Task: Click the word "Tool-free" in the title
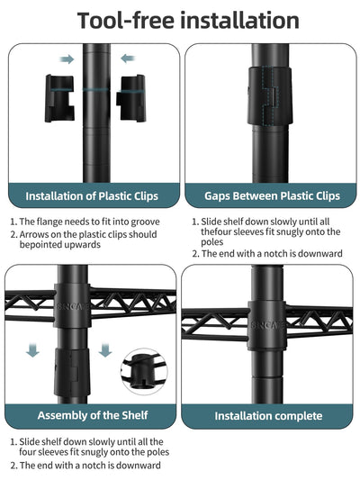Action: point(125,21)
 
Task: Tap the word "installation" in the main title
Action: point(239,21)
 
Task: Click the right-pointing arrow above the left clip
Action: point(67,59)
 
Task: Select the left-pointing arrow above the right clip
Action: point(128,59)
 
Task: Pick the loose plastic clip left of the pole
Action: point(59,98)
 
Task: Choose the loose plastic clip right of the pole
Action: point(131,98)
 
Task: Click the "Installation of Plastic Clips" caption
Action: point(92,196)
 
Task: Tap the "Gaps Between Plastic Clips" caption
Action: point(272,196)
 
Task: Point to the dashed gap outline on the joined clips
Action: point(270,96)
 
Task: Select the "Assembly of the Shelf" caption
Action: point(93,415)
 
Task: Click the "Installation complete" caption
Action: point(268,416)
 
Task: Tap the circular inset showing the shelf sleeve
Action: point(144,371)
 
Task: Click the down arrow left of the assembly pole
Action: point(32,350)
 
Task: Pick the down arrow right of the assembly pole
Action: point(105,350)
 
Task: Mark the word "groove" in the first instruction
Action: point(145,222)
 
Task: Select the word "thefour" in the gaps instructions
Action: point(216,231)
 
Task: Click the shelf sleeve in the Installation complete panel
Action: point(266,325)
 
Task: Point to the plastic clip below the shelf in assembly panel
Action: point(72,373)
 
